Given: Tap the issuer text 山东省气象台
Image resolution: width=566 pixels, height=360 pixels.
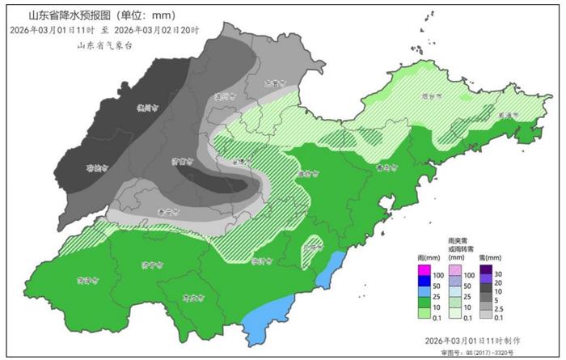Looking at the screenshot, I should click(103, 45).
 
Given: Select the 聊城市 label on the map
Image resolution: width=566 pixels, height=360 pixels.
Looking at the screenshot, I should click(97, 169).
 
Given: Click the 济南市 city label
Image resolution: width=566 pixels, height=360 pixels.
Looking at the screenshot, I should click(182, 161).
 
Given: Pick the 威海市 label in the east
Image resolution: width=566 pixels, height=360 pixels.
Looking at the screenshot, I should click(507, 116).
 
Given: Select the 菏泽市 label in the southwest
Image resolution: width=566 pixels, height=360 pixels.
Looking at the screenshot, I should click(87, 281).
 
